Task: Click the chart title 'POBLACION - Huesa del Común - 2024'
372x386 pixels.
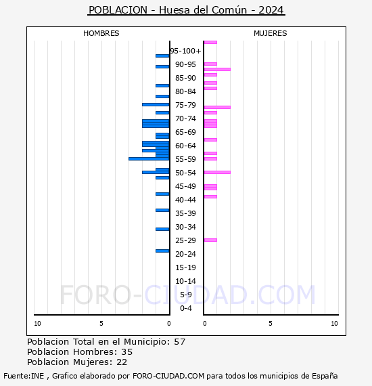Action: (186, 10)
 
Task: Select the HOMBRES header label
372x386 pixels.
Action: (101, 33)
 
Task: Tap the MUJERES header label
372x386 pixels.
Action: (270, 33)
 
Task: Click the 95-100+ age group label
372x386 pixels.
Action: (185, 51)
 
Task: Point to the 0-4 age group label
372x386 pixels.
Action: (186, 308)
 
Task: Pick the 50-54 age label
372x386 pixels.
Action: (185, 173)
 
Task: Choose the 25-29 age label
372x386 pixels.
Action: (185, 240)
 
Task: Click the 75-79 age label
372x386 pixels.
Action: (185, 105)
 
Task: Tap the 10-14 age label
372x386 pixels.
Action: (185, 281)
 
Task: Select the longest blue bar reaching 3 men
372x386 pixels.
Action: (149, 158)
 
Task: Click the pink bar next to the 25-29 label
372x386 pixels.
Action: (210, 240)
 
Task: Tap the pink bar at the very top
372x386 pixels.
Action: (210, 42)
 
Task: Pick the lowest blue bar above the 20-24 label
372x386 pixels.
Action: (162, 251)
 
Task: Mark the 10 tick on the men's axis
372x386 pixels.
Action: (37, 324)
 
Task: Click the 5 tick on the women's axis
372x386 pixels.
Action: (270, 324)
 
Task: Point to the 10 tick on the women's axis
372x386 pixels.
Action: (334, 324)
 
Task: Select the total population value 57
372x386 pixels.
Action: (179, 342)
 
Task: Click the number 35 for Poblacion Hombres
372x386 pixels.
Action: (126, 352)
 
